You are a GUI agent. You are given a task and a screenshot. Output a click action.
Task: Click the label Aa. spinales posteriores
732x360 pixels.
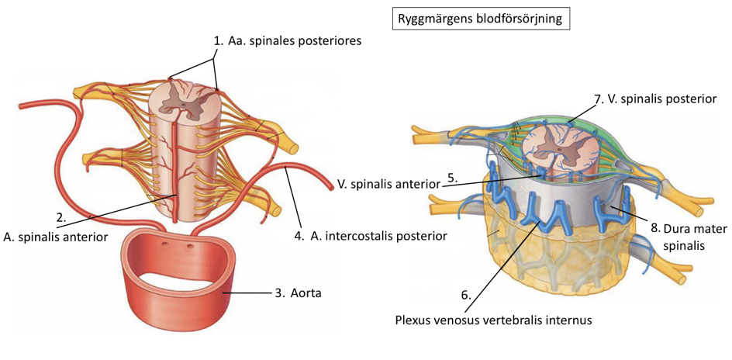tap(295, 40)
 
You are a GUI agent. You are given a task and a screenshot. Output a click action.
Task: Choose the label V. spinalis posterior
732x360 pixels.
tap(664, 99)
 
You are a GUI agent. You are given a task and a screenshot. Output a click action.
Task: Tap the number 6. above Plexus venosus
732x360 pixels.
tap(466, 296)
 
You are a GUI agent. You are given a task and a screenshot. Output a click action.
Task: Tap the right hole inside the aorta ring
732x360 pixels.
tap(190, 247)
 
